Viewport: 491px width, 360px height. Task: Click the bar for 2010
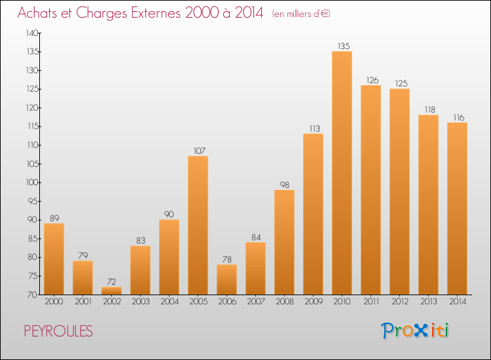[342, 173]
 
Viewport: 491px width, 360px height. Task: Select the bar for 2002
[111, 291]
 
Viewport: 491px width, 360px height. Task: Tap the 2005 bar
[198, 225]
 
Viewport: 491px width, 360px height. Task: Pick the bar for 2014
[457, 208]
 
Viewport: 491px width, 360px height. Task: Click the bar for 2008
[284, 242]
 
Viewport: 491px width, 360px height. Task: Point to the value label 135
[342, 46]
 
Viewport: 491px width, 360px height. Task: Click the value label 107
[198, 151]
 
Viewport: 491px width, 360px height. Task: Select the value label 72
[111, 281]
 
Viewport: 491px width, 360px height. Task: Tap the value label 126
[371, 80]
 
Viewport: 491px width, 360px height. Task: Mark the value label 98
[284, 185]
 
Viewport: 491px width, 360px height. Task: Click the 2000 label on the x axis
[54, 302]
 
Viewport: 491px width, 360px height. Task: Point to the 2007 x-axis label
[255, 302]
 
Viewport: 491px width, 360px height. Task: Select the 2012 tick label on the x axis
[399, 302]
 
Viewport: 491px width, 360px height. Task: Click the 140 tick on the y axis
[31, 33]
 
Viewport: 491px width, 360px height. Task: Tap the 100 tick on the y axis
[31, 183]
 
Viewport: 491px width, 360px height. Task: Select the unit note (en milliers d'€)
[300, 14]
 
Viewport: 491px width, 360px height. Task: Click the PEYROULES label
[58, 331]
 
